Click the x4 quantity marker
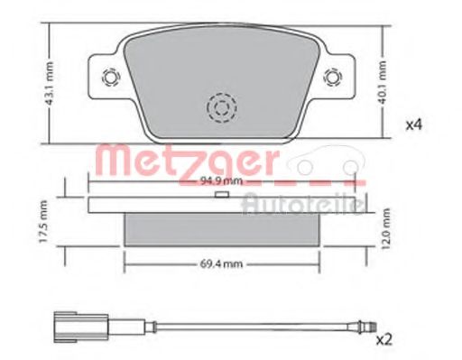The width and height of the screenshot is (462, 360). click(413, 124)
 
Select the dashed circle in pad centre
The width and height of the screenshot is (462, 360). click(219, 108)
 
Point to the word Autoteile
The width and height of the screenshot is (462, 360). click(301, 206)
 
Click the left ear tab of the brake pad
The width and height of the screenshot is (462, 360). click(105, 78)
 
